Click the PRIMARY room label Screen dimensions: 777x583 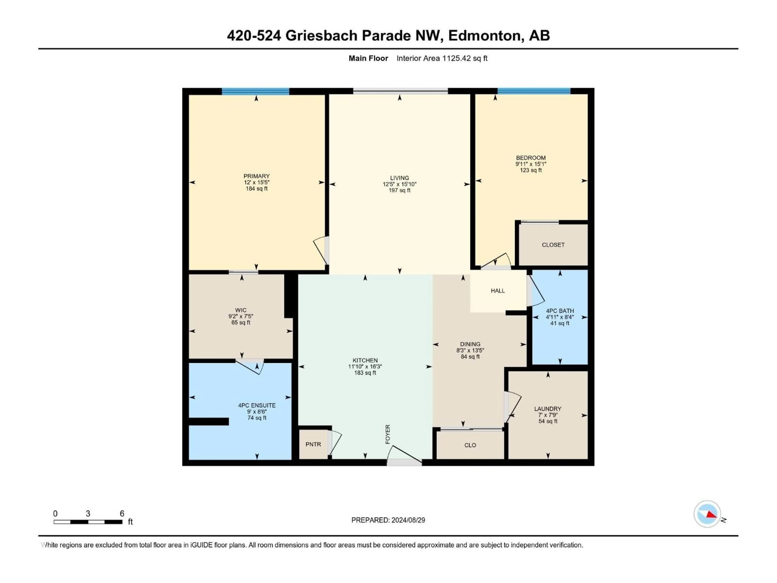click(256, 176)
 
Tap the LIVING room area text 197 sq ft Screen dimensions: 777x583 click(399, 190)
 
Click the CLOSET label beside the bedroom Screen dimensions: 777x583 click(553, 245)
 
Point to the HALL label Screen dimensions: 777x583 click(498, 291)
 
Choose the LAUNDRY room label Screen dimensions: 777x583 click(548, 409)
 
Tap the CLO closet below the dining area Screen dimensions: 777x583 click(470, 445)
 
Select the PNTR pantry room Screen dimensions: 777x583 click(313, 444)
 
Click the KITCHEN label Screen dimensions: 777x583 click(365, 360)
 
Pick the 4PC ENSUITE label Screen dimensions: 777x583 click(257, 405)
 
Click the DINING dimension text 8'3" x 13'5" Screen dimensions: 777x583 click(470, 350)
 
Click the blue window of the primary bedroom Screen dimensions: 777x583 click(255, 91)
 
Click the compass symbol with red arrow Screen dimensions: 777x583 click(707, 514)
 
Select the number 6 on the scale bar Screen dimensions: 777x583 click(122, 513)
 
